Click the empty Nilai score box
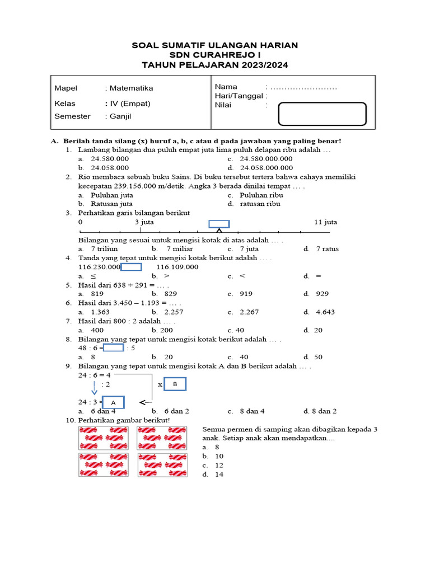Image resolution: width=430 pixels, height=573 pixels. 322,114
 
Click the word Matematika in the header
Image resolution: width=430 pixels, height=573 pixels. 131,88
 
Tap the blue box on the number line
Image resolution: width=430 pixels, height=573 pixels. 218,224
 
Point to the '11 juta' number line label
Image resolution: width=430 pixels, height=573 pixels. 325,222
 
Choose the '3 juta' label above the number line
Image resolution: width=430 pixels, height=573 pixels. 144,222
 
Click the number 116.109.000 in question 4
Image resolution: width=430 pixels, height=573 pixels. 177,267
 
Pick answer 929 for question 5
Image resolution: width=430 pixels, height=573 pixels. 322,294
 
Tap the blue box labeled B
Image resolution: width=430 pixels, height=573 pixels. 175,384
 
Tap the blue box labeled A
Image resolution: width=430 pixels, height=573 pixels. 113,403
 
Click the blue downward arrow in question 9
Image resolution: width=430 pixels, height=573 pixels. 94,388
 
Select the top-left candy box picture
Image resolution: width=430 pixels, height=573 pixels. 104,438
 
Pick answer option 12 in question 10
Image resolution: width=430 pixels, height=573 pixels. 219,465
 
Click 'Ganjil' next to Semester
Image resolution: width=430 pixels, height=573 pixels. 120,116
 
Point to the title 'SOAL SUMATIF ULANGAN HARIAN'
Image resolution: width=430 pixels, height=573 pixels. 215,45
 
